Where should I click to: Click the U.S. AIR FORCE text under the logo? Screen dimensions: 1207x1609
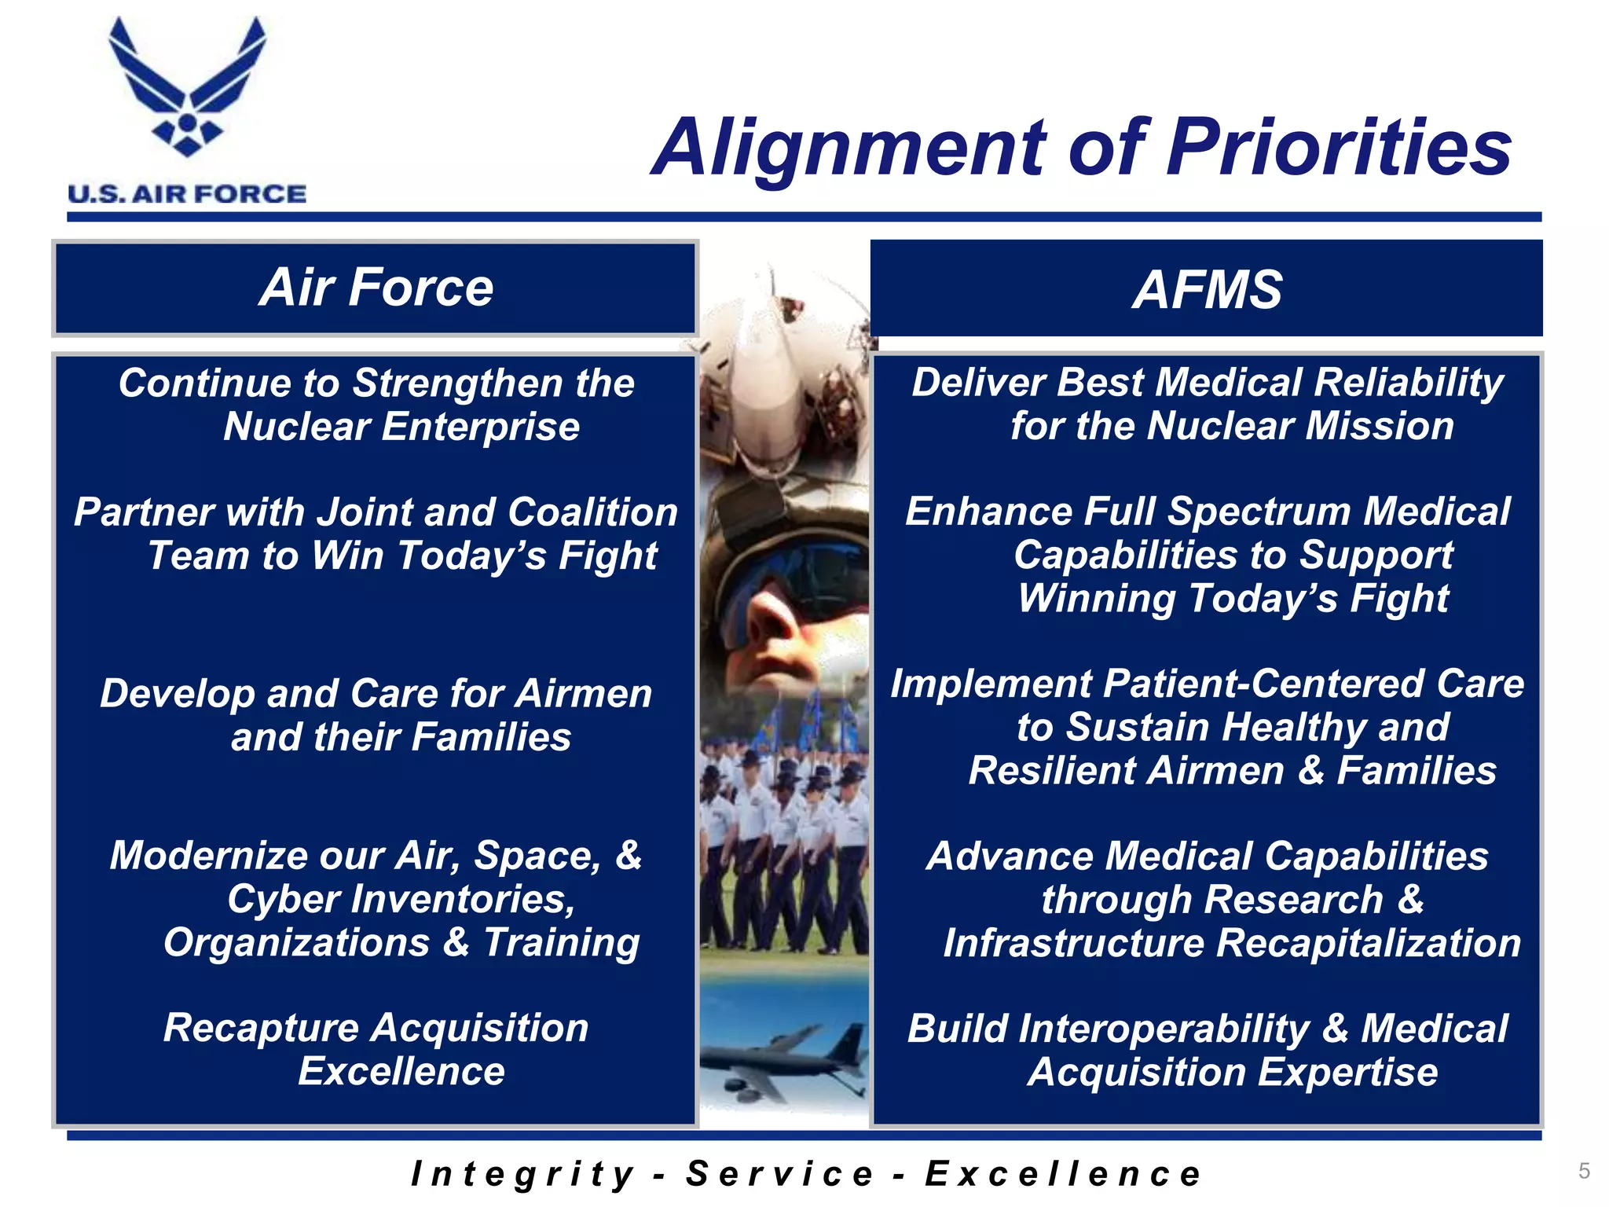(x=187, y=194)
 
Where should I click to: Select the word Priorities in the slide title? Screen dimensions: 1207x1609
(x=1339, y=148)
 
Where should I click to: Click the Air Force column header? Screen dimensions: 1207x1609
(x=376, y=288)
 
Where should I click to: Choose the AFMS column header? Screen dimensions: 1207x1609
(x=1207, y=289)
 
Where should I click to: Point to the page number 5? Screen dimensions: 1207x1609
(x=1584, y=1171)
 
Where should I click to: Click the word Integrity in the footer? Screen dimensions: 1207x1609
(x=522, y=1174)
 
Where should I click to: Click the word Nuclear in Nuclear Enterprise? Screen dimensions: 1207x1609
(x=296, y=427)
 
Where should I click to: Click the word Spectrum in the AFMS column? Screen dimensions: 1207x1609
(x=1260, y=512)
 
